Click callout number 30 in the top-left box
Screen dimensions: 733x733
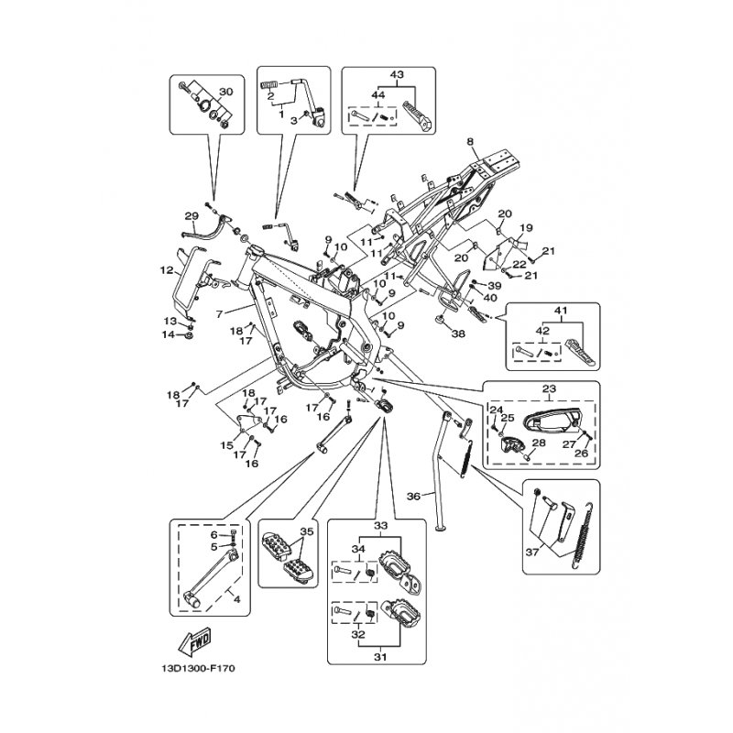pyautogui.click(x=227, y=92)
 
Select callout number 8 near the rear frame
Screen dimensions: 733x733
pyautogui.click(x=469, y=142)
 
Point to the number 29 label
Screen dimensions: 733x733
pyautogui.click(x=191, y=216)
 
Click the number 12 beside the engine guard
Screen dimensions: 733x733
pyautogui.click(x=167, y=270)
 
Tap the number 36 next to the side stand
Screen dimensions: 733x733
pyautogui.click(x=413, y=497)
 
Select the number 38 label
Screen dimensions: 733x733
pyautogui.click(x=458, y=334)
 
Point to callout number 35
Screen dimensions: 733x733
pyautogui.click(x=306, y=531)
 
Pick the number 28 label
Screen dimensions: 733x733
pyautogui.click(x=539, y=443)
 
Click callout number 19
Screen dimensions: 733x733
pyautogui.click(x=526, y=227)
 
